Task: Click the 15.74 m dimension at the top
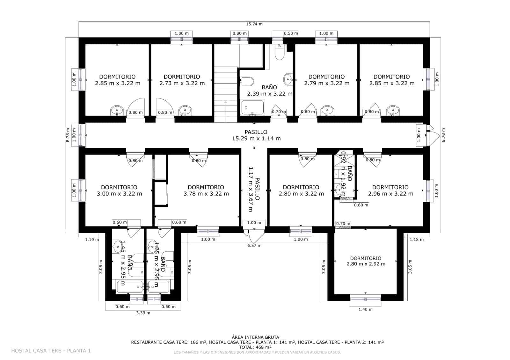pyautogui.click(x=254, y=24)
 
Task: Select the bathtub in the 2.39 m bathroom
pyautogui.click(x=253, y=108)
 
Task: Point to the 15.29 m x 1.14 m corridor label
pyautogui.click(x=256, y=135)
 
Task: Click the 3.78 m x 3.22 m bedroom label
pyautogui.click(x=206, y=191)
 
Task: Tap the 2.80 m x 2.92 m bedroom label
pyautogui.click(x=366, y=261)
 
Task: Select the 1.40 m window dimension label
pyautogui.click(x=365, y=309)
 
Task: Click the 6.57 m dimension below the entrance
pyautogui.click(x=254, y=245)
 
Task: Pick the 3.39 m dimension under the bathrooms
pyautogui.click(x=143, y=313)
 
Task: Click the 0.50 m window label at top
pyautogui.click(x=291, y=33)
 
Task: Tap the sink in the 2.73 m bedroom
pyautogui.click(x=185, y=111)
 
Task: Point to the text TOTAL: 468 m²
pyautogui.click(x=255, y=347)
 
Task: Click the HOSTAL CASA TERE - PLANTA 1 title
pyautogui.click(x=51, y=351)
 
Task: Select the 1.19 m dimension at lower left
pyautogui.click(x=92, y=240)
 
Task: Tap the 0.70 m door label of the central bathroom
pyautogui.click(x=279, y=112)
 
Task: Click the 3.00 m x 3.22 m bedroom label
pyautogui.click(x=119, y=191)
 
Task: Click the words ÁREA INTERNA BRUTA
pyautogui.click(x=255, y=337)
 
